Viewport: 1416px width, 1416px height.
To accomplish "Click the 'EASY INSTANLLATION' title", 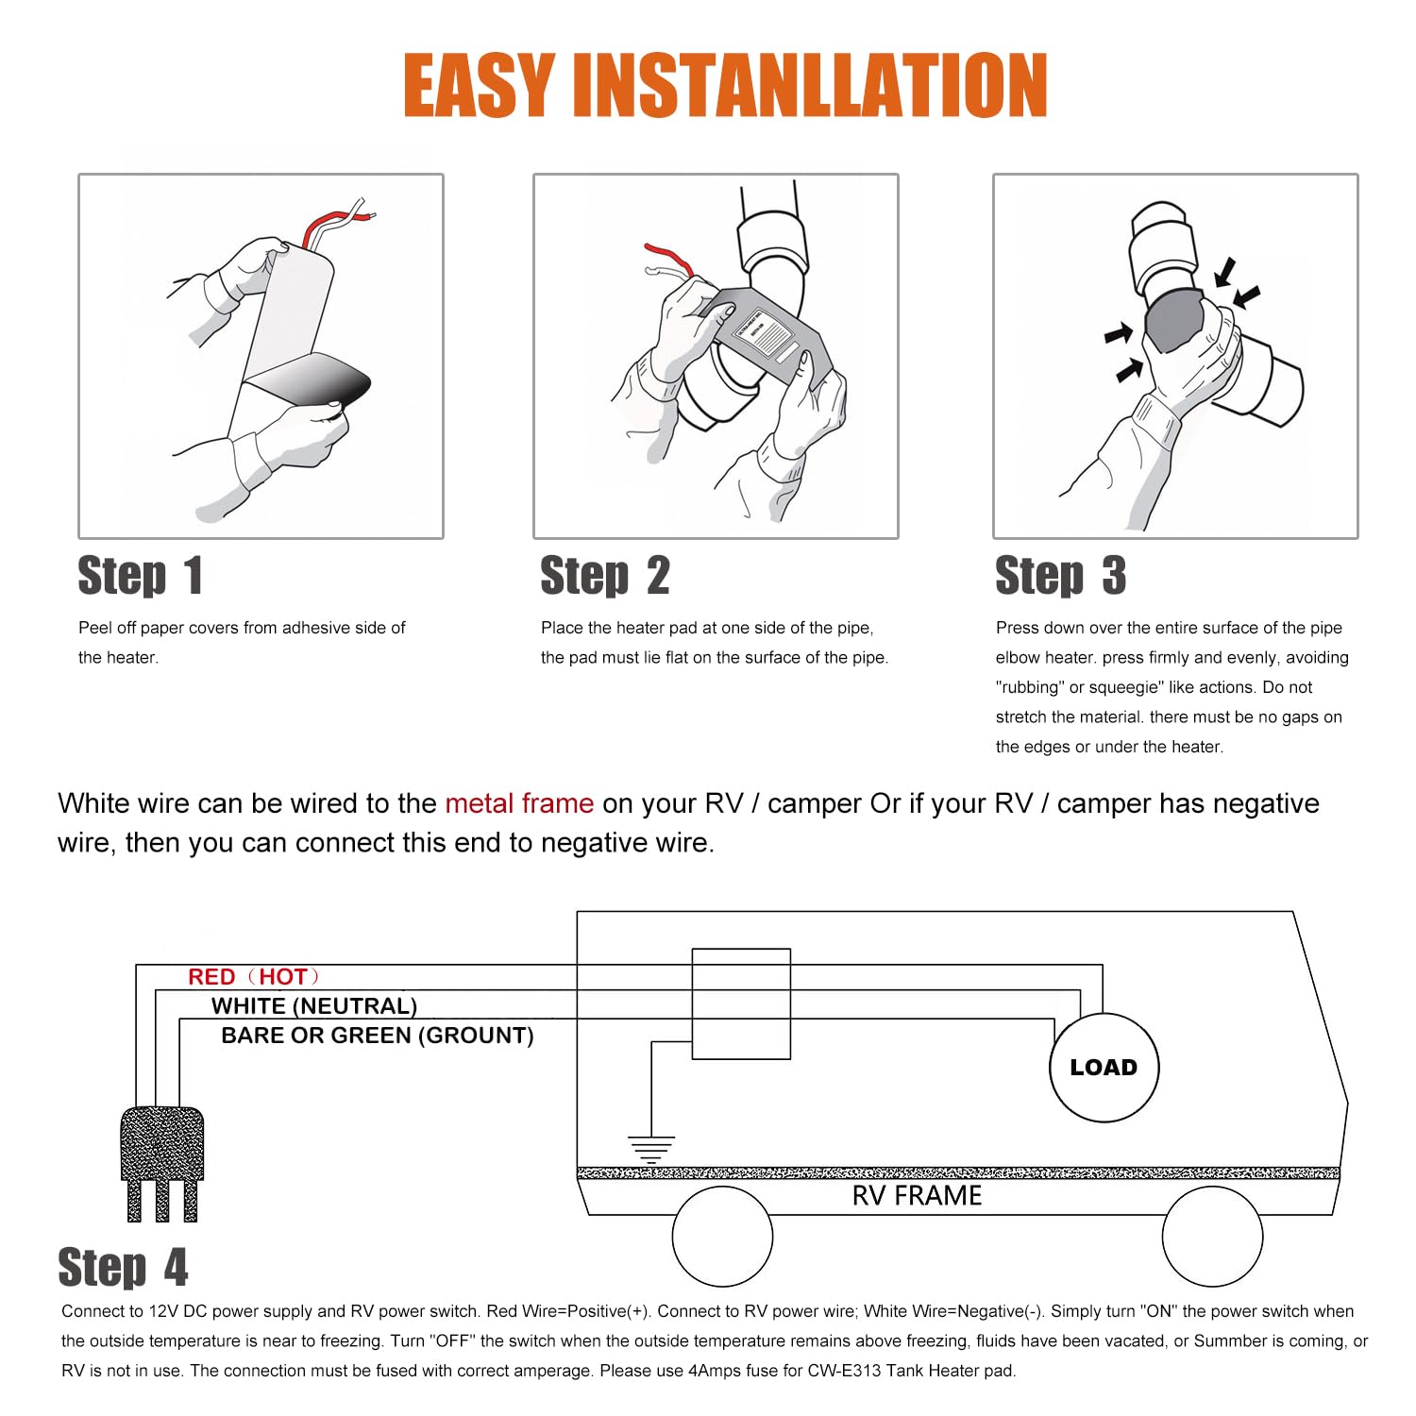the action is tap(725, 85).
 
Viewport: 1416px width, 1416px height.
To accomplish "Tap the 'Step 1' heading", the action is tap(140, 576).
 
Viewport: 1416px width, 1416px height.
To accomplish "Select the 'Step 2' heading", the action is tap(605, 576).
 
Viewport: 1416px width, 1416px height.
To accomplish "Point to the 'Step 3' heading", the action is tap(1060, 576).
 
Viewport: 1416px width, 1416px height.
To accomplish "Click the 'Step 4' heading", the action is tap(123, 1267).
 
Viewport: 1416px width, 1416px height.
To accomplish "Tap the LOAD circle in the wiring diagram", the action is tap(1104, 1068).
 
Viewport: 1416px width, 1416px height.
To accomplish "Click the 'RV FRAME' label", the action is tap(917, 1196).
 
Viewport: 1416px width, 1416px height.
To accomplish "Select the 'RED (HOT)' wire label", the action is tap(254, 977).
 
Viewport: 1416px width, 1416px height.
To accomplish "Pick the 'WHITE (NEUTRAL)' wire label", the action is tap(314, 1006).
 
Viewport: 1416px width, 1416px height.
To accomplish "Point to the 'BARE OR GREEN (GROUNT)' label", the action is tap(378, 1036).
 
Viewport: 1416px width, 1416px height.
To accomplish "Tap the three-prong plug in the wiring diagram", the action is tap(162, 1164).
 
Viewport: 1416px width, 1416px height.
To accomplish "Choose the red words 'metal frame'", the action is tap(519, 803).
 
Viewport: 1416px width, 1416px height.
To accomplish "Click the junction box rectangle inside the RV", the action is tap(741, 1003).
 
